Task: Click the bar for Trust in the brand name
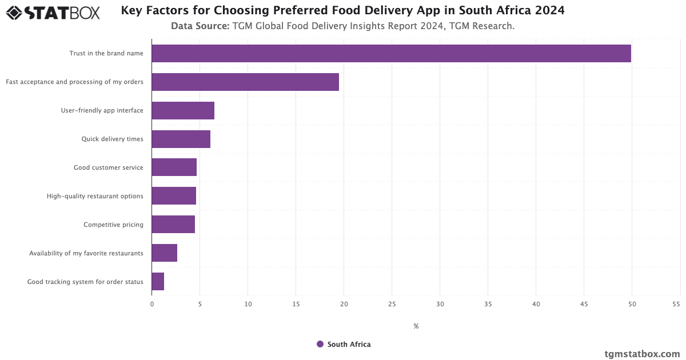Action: (x=391, y=53)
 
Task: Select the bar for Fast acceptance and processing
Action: (x=245, y=82)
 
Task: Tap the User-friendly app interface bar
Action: (x=183, y=110)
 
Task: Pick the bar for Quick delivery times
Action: (x=181, y=139)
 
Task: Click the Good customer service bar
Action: (x=174, y=167)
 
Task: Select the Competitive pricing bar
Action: (x=173, y=225)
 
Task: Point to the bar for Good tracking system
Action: (x=158, y=282)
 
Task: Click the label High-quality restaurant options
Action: (x=95, y=196)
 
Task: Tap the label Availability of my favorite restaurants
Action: (x=86, y=253)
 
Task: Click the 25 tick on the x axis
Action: (x=392, y=305)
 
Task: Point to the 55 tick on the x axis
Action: (x=676, y=305)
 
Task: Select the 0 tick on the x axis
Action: (x=152, y=305)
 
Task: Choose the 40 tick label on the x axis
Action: (x=536, y=305)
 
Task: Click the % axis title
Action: (x=416, y=326)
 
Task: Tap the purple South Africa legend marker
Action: (x=320, y=344)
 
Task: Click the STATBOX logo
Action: (x=53, y=13)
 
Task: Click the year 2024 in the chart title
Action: (x=549, y=11)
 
